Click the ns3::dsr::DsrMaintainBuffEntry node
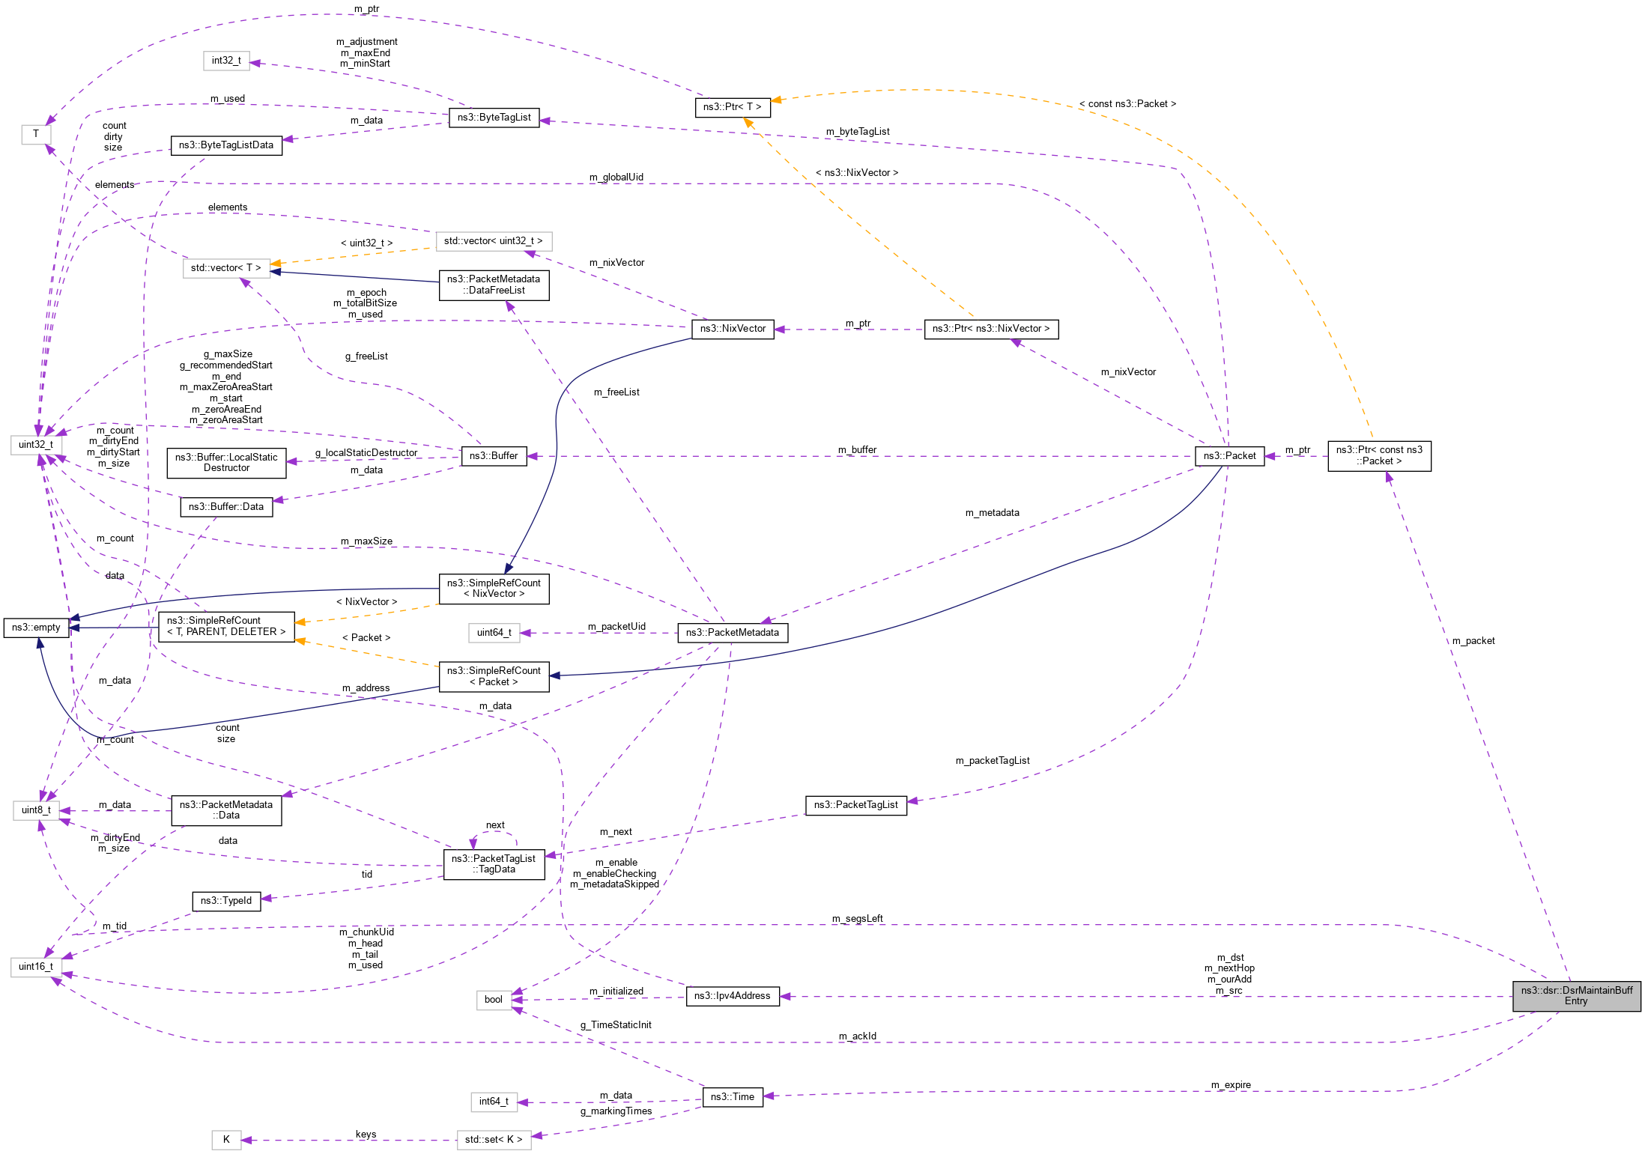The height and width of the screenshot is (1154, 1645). [1576, 995]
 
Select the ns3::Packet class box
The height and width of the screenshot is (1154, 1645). [1229, 455]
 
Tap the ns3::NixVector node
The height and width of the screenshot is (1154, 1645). [733, 329]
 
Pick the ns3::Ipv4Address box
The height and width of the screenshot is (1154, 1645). [732, 996]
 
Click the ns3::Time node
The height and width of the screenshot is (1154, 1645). [732, 1097]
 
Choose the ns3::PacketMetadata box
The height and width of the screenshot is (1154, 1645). [732, 633]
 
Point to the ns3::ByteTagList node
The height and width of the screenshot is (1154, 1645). [494, 118]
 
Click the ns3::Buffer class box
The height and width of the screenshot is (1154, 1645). [494, 456]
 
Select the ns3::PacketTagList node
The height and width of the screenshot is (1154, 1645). [855, 805]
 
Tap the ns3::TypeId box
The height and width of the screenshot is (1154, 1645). [226, 901]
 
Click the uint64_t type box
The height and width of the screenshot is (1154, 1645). [494, 633]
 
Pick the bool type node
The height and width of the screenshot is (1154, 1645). [494, 1000]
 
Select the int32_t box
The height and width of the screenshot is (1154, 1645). [226, 61]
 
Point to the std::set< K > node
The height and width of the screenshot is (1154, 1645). [494, 1140]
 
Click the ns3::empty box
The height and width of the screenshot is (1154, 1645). [36, 628]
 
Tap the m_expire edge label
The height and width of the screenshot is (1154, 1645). [1231, 1085]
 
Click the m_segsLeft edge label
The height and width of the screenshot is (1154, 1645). [857, 919]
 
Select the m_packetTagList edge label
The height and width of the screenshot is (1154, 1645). [993, 761]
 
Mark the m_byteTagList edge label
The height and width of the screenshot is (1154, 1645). [858, 132]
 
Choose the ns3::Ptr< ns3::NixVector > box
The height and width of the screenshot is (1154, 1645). [991, 329]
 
